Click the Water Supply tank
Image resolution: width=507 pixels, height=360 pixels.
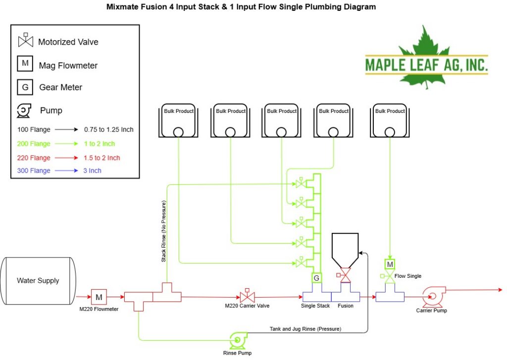point(38,281)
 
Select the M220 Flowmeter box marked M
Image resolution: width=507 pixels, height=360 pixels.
point(99,297)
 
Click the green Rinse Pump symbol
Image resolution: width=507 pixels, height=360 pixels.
point(238,340)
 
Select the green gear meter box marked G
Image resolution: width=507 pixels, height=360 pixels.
point(316,278)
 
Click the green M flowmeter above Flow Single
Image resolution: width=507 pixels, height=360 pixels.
point(390,264)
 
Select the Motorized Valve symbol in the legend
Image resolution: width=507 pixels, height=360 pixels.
point(26,40)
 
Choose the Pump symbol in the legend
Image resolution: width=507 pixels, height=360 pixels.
point(24,111)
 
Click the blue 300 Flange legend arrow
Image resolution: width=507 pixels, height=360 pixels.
point(66,170)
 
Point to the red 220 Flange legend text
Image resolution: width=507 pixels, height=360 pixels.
point(34,158)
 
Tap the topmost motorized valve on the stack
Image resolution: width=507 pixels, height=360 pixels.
point(301,183)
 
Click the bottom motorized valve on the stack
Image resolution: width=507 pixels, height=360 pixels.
point(301,262)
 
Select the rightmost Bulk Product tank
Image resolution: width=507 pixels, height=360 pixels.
point(390,120)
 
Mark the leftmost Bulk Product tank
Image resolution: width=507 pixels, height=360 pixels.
point(178,120)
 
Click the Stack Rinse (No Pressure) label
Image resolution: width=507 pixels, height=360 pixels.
point(163,231)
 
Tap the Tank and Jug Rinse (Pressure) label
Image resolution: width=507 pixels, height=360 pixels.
point(305,329)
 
